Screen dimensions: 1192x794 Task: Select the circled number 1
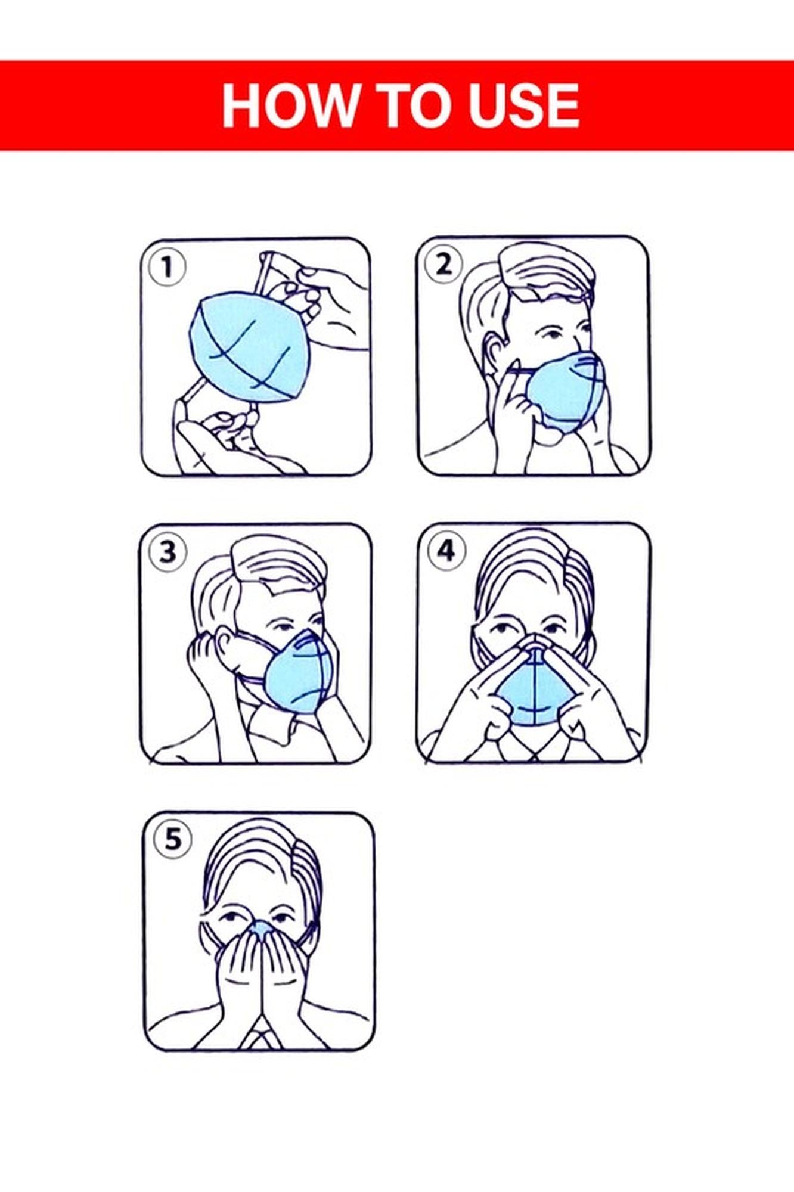tap(167, 267)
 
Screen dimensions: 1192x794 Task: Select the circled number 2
tap(443, 264)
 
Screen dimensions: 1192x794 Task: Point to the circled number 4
tap(446, 551)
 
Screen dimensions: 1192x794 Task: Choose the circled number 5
tap(172, 840)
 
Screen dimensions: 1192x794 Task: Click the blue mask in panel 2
tap(563, 390)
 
